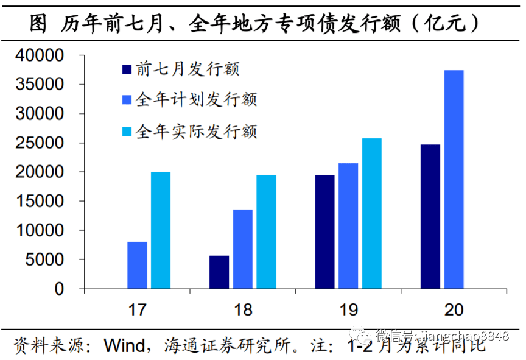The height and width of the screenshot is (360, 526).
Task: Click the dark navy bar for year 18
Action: point(219,272)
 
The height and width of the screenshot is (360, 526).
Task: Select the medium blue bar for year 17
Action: point(137,266)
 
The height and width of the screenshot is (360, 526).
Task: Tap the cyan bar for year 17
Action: point(161,230)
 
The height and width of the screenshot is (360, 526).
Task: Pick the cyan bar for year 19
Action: point(372,213)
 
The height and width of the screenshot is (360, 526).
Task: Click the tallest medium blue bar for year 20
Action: point(454,179)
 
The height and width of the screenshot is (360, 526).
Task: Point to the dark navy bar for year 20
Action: point(430,216)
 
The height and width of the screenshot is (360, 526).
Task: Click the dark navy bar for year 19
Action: point(324,232)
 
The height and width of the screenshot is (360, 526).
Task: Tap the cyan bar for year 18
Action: point(266,232)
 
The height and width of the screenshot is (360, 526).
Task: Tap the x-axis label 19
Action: point(348,309)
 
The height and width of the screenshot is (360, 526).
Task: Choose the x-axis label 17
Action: point(138,309)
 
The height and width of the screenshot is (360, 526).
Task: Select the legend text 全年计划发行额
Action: point(197,99)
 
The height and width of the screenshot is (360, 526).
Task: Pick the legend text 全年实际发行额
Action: point(197,130)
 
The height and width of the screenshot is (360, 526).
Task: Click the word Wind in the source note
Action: point(124,345)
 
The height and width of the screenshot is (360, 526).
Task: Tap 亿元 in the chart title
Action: point(443,24)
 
